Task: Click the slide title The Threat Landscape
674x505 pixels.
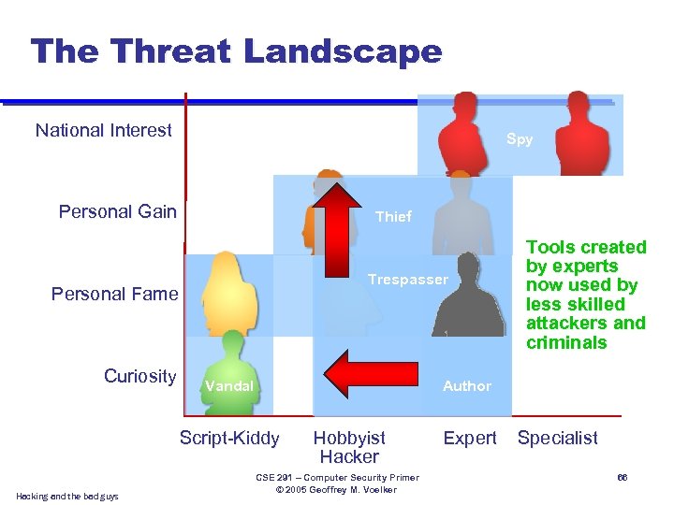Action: [236, 51]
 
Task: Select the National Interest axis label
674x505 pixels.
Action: [104, 131]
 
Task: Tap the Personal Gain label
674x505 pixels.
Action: [118, 211]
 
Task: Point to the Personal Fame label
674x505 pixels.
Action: [114, 294]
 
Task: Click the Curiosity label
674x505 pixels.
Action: [139, 376]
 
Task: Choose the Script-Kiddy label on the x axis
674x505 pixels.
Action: [229, 438]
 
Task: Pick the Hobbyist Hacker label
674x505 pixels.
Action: [348, 447]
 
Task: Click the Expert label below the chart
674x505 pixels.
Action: [470, 438]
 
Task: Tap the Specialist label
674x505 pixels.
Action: [558, 438]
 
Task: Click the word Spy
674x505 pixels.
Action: [520, 139]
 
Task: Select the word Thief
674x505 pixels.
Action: [393, 216]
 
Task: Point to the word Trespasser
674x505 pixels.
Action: [408, 280]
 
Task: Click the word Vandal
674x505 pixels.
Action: [229, 385]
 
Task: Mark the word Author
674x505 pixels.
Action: [467, 385]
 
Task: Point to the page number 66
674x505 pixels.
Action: [621, 478]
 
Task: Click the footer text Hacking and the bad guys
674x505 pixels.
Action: [67, 496]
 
